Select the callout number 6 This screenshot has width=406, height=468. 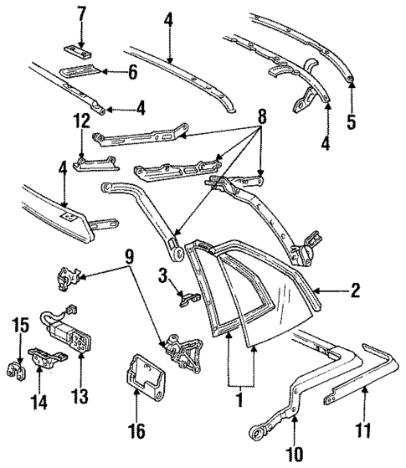(x=131, y=74)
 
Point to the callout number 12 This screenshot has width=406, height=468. (x=81, y=121)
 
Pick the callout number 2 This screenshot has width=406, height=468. (x=355, y=291)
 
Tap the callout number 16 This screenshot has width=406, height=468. (x=139, y=432)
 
